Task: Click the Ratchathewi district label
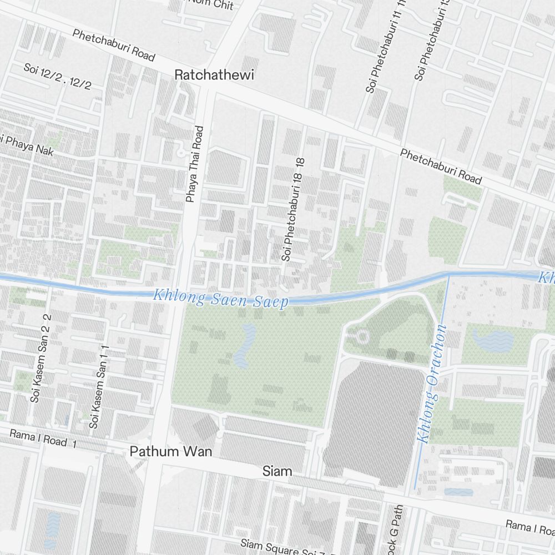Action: click(214, 75)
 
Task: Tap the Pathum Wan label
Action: click(171, 452)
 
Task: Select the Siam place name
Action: click(277, 472)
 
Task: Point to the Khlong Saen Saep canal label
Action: click(221, 298)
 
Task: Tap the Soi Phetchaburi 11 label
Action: click(380, 50)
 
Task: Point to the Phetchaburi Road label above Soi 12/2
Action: click(113, 45)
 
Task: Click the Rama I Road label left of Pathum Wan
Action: click(38, 437)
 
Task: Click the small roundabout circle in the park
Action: click(362, 336)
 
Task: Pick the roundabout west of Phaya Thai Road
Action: click(180, 152)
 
